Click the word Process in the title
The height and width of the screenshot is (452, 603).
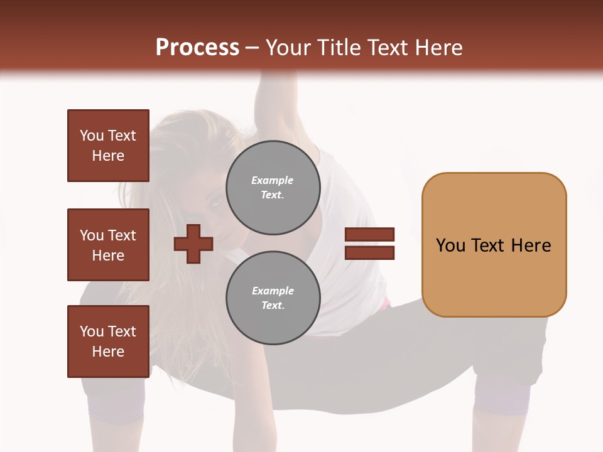197,48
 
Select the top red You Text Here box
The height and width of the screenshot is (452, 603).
108,146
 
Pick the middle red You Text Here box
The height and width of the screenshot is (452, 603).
108,245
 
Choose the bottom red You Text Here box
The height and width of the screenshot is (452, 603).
108,342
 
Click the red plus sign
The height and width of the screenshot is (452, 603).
193,244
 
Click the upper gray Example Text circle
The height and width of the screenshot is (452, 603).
273,188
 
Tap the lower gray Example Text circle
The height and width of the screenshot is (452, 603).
273,298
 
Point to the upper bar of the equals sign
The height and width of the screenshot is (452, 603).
369,234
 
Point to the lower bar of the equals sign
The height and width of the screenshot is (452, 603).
369,253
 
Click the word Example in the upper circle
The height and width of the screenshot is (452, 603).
272,180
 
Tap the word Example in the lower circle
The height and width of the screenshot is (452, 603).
273,291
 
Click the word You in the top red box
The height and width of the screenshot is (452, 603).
91,136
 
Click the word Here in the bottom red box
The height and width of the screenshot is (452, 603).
108,352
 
